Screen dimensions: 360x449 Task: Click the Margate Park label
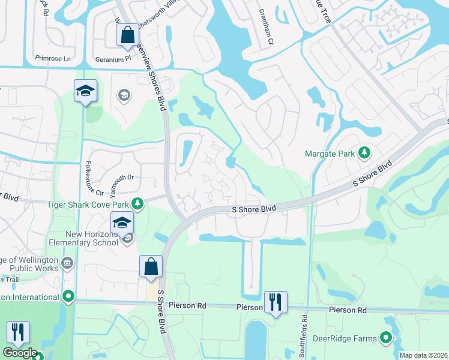(330, 154)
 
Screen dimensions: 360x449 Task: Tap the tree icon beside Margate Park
(364, 153)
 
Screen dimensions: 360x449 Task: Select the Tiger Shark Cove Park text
(88, 204)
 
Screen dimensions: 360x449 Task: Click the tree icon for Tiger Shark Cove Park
(137, 204)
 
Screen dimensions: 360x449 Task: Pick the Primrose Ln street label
(53, 59)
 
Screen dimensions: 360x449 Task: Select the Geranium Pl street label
(113, 59)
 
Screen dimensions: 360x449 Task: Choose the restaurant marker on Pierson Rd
(276, 302)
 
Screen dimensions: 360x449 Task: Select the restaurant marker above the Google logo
(18, 332)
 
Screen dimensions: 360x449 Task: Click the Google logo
(19, 353)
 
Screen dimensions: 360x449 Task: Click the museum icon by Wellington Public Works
(67, 262)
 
